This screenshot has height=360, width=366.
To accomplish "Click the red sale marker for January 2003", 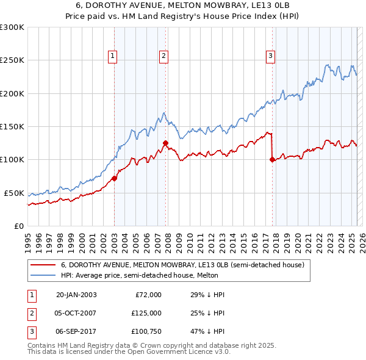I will [x=114, y=179].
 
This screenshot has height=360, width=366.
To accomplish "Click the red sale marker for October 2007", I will [x=165, y=143].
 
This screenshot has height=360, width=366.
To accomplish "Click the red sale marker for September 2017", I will [x=272, y=160].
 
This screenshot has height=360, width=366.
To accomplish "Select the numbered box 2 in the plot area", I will [x=164, y=56].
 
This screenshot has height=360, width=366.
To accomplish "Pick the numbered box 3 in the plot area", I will [x=270, y=56].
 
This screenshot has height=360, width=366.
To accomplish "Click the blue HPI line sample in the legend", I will [x=43, y=276].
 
